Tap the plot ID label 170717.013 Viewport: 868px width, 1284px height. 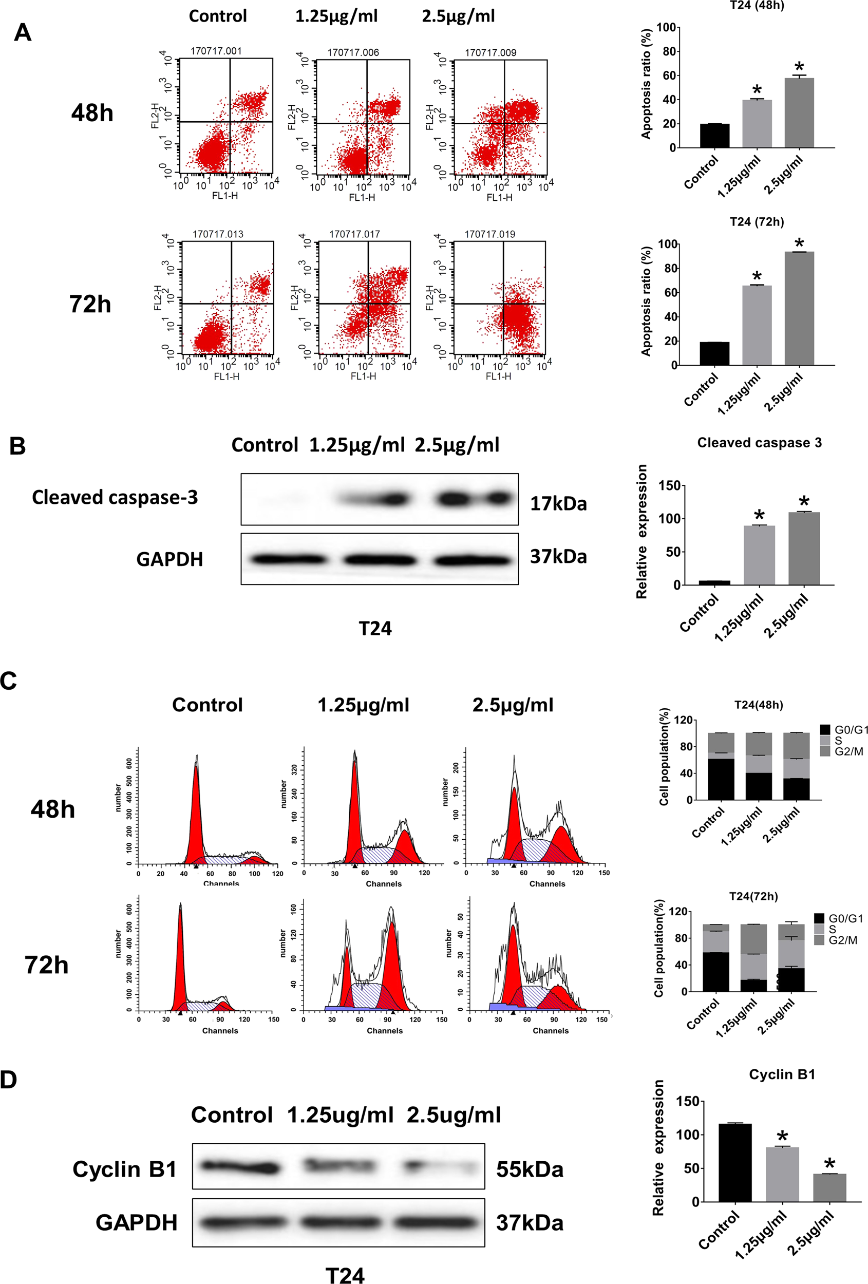point(218,234)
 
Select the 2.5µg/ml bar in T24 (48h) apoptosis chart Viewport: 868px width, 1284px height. point(799,114)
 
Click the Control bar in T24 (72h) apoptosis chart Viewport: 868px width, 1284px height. point(714,353)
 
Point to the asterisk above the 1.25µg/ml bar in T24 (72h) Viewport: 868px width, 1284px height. point(757,276)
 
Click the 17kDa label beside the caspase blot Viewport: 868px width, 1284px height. point(558,503)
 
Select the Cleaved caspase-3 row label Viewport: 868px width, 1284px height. point(115,497)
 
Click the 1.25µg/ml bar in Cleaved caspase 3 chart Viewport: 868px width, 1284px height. point(759,555)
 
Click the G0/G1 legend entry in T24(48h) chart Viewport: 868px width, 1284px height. point(845,730)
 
